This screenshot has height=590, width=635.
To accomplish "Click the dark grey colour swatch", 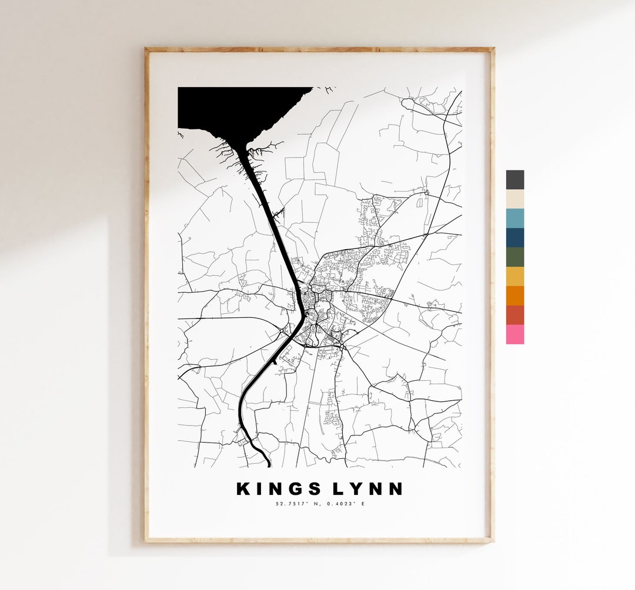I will click(x=514, y=179).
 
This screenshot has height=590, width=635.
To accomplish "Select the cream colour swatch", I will click(x=514, y=199).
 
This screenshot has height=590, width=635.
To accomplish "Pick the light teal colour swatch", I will click(x=514, y=218).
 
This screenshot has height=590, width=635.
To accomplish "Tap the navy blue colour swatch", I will click(x=514, y=237).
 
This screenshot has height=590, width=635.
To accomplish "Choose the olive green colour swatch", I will click(x=514, y=257).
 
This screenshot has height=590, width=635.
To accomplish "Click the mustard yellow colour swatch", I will click(x=514, y=276).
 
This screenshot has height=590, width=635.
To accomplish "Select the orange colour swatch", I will click(x=514, y=296).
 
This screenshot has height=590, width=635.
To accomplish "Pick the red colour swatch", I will click(x=514, y=315).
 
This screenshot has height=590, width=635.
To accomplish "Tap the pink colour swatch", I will click(x=514, y=334).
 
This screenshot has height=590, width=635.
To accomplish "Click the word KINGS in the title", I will click(x=279, y=489).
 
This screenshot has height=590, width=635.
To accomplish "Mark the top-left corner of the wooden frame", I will click(x=147, y=49).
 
